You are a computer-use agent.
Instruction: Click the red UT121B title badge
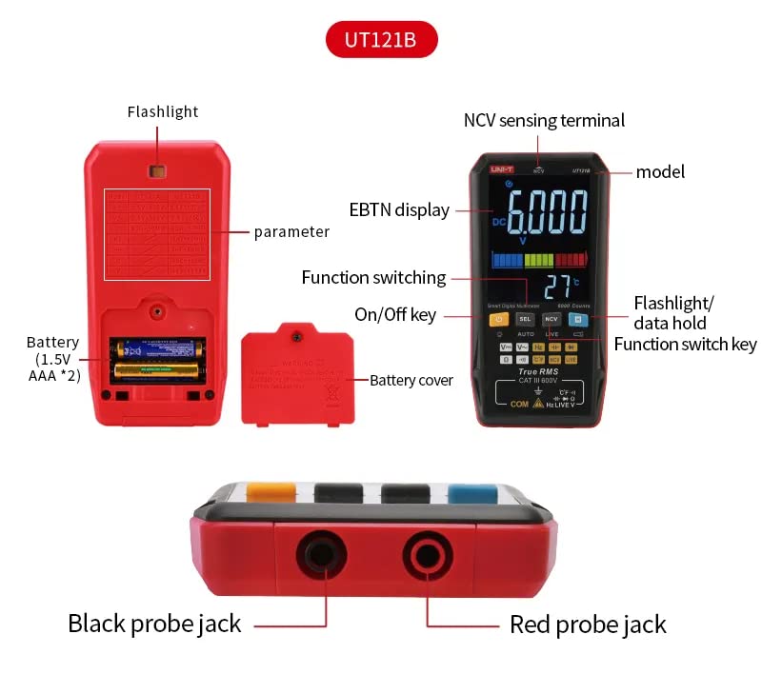[382, 41]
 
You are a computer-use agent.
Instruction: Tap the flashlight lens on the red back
[157, 171]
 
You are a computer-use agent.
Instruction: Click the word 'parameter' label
[291, 231]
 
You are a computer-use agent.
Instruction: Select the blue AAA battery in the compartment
[159, 349]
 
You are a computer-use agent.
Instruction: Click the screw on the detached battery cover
[297, 336]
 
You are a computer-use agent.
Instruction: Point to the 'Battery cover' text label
[411, 380]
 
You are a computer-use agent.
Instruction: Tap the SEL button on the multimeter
[525, 319]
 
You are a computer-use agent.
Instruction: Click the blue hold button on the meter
[575, 319]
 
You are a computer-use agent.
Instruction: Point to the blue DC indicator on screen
[499, 221]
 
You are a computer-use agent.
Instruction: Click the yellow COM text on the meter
[519, 404]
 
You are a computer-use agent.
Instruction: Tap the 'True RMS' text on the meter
[537, 372]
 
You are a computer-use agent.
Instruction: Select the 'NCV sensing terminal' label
[544, 120]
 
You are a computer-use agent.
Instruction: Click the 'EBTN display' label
[399, 209]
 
